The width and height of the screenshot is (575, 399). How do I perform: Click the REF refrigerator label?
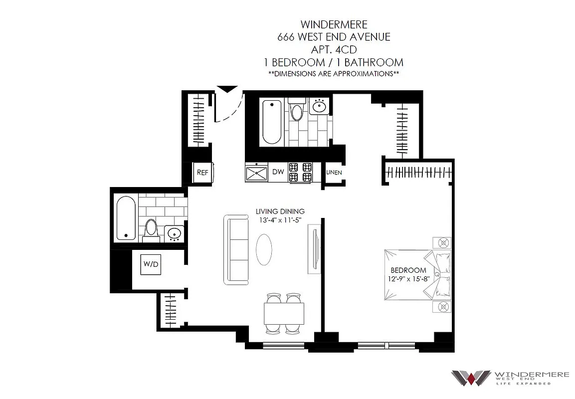(202, 173)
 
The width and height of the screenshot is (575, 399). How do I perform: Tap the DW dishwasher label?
(278, 172)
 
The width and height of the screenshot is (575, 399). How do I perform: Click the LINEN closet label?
(334, 173)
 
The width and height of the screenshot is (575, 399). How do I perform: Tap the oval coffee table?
(265, 249)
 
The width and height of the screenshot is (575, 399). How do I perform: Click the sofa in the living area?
(236, 249)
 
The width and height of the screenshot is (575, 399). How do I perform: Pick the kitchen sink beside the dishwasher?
(257, 173)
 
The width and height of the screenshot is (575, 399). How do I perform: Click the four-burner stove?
(300, 172)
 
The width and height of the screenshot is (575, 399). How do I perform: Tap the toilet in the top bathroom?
(297, 111)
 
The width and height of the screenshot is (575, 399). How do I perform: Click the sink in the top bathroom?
(319, 106)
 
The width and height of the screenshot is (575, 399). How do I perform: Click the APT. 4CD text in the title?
(334, 49)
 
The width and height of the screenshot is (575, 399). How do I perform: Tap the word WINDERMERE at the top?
(334, 24)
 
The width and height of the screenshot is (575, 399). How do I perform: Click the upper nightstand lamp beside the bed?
(442, 243)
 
